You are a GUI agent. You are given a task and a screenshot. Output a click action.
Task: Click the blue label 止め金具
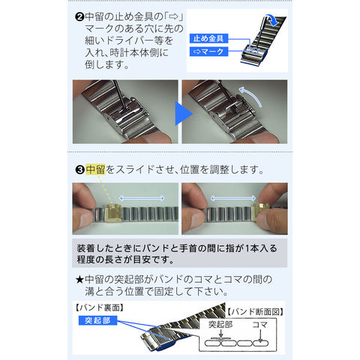[x=208, y=38]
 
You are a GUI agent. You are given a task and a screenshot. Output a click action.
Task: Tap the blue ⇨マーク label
[x=208, y=52]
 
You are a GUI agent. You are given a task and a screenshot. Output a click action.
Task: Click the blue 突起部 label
[x=97, y=320]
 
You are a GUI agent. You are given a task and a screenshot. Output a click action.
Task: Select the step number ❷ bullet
[x=79, y=17]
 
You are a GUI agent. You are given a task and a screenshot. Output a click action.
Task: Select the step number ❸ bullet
[x=80, y=170]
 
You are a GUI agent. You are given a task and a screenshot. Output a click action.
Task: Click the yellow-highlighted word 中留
[x=95, y=169]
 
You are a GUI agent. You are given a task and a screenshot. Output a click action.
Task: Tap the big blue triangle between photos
[x=184, y=113]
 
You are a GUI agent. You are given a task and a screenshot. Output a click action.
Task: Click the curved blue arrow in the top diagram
[x=273, y=19]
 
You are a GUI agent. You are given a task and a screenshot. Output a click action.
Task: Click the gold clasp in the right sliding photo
[x=260, y=212]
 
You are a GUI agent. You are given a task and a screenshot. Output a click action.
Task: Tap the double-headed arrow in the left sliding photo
[x=142, y=199]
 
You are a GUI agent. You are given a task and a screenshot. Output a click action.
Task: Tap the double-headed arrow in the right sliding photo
[x=233, y=199]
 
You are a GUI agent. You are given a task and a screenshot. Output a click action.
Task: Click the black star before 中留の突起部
[x=79, y=280]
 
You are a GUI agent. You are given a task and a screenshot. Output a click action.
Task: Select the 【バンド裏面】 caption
[x=100, y=307]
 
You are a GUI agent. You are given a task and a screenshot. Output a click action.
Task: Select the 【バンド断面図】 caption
[x=256, y=312]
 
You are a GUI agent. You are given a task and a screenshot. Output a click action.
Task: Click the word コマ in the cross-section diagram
[x=260, y=325]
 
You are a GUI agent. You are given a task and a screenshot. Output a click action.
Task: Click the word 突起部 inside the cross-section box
[x=220, y=325]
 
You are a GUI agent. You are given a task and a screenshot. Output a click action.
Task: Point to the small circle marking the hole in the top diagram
[x=254, y=51]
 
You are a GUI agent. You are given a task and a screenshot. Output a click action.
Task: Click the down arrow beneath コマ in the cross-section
[x=260, y=336]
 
